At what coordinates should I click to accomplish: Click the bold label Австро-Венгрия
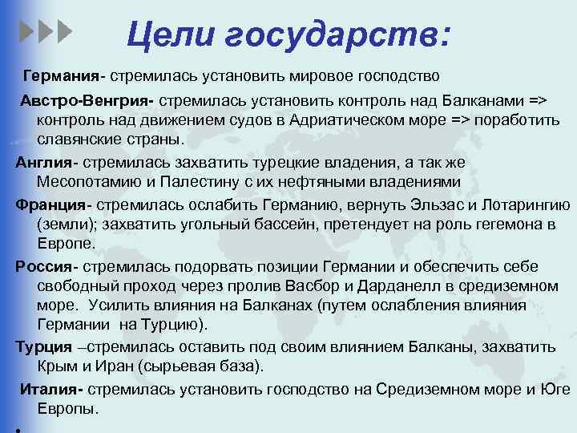click(x=87, y=102)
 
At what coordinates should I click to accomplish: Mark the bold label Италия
click(x=50, y=389)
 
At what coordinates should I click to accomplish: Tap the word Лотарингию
click(x=521, y=204)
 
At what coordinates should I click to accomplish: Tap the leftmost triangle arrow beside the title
click(x=26, y=33)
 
